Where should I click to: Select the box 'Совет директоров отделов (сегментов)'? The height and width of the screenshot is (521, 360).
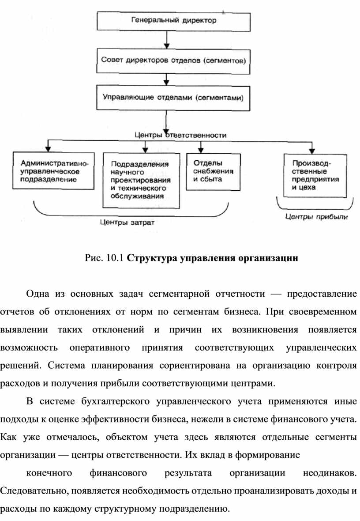pos(171,60)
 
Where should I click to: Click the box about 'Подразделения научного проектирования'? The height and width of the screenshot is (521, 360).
pos(141,180)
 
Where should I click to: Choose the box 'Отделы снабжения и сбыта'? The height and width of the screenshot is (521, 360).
pos(214,171)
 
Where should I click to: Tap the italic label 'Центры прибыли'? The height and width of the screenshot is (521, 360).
pos(316,217)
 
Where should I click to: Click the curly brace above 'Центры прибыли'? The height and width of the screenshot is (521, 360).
pos(315,207)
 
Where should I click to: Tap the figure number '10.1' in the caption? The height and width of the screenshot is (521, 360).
pos(115,258)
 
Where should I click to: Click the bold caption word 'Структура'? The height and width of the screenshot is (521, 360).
pos(151,258)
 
